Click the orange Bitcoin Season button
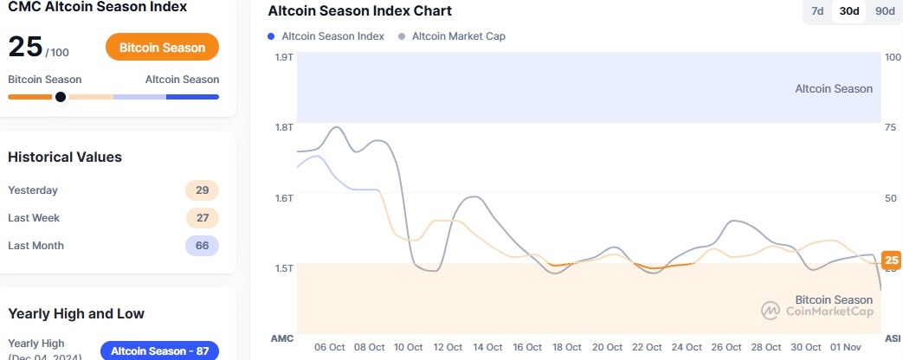point(162,47)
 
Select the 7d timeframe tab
point(817,11)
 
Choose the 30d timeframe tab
point(849,11)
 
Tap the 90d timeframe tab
point(884,11)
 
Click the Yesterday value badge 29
point(202,190)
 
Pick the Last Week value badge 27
point(202,218)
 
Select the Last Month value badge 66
point(202,246)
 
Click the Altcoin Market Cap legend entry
point(452,36)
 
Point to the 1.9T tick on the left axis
point(283,57)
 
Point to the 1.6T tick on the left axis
point(283,198)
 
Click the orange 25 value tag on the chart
point(891,260)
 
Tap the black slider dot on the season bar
point(60,97)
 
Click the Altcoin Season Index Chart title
point(359,11)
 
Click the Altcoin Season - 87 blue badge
point(159,350)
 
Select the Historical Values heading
point(65,157)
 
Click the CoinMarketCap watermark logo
point(817,310)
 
